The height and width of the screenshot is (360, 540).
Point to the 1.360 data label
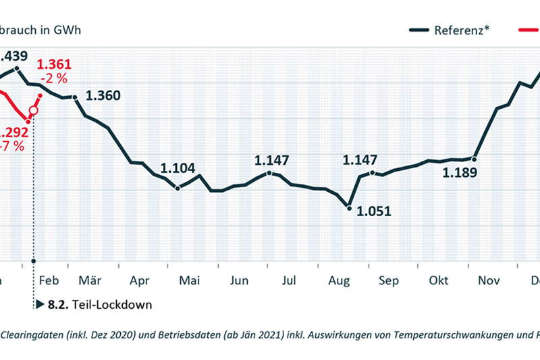point(103,95)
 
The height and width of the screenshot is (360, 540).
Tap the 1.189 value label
point(460,172)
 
